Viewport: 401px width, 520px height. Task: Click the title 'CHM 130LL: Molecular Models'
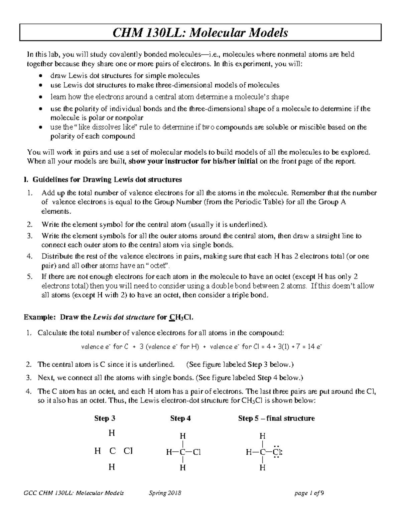click(200, 33)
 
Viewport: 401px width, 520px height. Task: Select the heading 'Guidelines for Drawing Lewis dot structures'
click(107, 180)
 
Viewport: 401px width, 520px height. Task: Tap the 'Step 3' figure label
click(105, 418)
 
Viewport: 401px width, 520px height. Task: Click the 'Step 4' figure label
click(180, 418)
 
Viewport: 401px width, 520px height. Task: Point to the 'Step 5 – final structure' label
click(276, 418)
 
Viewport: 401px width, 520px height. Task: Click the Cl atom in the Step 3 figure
click(128, 451)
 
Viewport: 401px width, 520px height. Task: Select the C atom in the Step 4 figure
click(182, 453)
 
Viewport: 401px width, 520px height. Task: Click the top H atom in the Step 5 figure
click(263, 436)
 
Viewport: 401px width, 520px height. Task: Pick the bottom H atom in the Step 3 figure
click(112, 467)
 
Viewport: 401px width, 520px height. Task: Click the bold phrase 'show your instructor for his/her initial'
click(193, 161)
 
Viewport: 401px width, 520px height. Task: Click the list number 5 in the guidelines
click(30, 277)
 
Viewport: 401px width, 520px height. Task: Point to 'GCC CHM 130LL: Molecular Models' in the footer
click(74, 493)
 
